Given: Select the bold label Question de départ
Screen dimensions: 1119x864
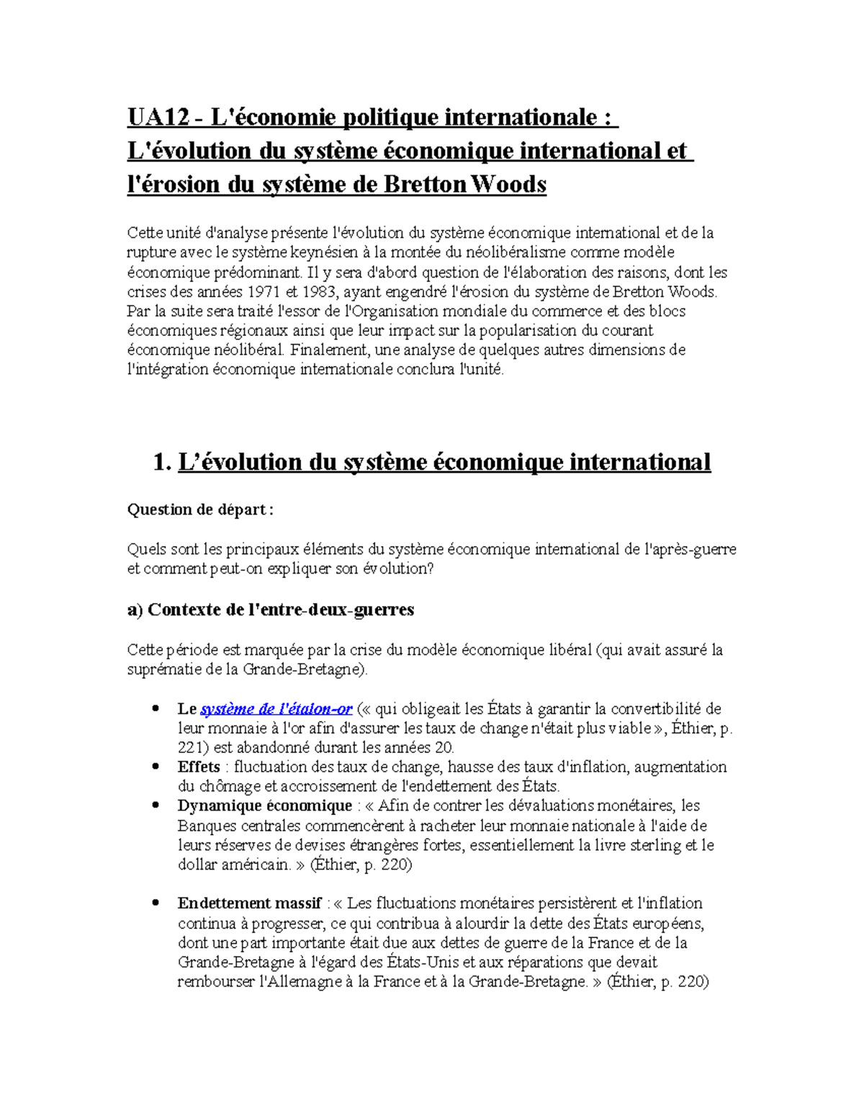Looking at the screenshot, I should (199, 509).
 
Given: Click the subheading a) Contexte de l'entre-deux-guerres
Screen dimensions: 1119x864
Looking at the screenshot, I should (270, 610).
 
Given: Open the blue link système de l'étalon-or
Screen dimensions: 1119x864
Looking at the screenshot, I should (276, 709).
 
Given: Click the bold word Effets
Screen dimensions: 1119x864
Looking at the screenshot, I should (198, 767).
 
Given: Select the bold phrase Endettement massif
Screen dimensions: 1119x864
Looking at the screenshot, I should (249, 904).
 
